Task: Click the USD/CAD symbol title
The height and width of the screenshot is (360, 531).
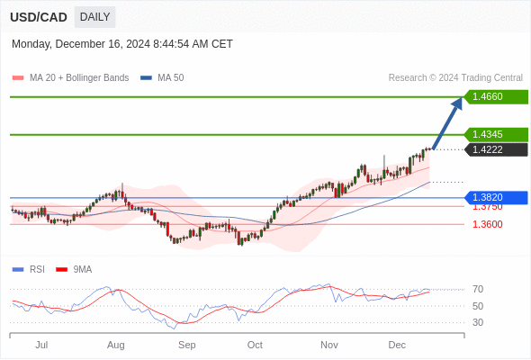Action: point(39,17)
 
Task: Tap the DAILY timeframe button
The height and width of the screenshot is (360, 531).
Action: point(94,17)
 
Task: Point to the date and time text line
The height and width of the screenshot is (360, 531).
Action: point(122,44)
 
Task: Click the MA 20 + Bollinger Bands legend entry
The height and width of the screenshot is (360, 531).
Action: point(70,78)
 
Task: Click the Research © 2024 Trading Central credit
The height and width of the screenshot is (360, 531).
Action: point(455,78)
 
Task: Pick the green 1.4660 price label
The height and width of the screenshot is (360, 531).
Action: point(494,96)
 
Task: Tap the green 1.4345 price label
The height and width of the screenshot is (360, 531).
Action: point(494,134)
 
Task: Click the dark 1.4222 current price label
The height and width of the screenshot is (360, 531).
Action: point(494,149)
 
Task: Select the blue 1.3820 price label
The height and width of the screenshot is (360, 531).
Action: point(494,197)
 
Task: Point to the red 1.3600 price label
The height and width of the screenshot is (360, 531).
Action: point(487,224)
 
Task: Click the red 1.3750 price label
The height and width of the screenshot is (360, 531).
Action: point(487,207)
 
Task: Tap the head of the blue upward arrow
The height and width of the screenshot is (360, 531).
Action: point(457,103)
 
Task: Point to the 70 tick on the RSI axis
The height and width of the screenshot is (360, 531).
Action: point(478,290)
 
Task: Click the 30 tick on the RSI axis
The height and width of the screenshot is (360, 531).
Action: point(478,322)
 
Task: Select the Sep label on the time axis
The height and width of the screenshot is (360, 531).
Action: point(187,345)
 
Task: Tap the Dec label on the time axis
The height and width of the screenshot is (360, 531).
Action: point(397,345)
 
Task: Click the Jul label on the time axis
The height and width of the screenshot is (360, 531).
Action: point(41,345)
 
